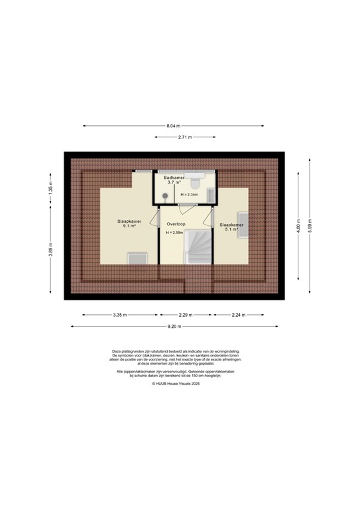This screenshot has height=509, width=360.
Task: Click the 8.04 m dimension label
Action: (x=173, y=125)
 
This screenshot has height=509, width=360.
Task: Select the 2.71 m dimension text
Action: (x=184, y=137)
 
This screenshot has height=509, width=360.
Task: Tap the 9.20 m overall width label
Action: (x=174, y=326)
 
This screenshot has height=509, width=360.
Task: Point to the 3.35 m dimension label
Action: (x=119, y=315)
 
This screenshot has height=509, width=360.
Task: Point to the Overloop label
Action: (x=176, y=223)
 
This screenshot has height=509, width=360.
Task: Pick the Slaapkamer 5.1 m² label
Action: (x=231, y=227)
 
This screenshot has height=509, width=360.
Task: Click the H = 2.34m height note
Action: (x=190, y=195)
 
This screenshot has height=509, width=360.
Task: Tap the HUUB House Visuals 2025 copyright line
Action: (x=176, y=383)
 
